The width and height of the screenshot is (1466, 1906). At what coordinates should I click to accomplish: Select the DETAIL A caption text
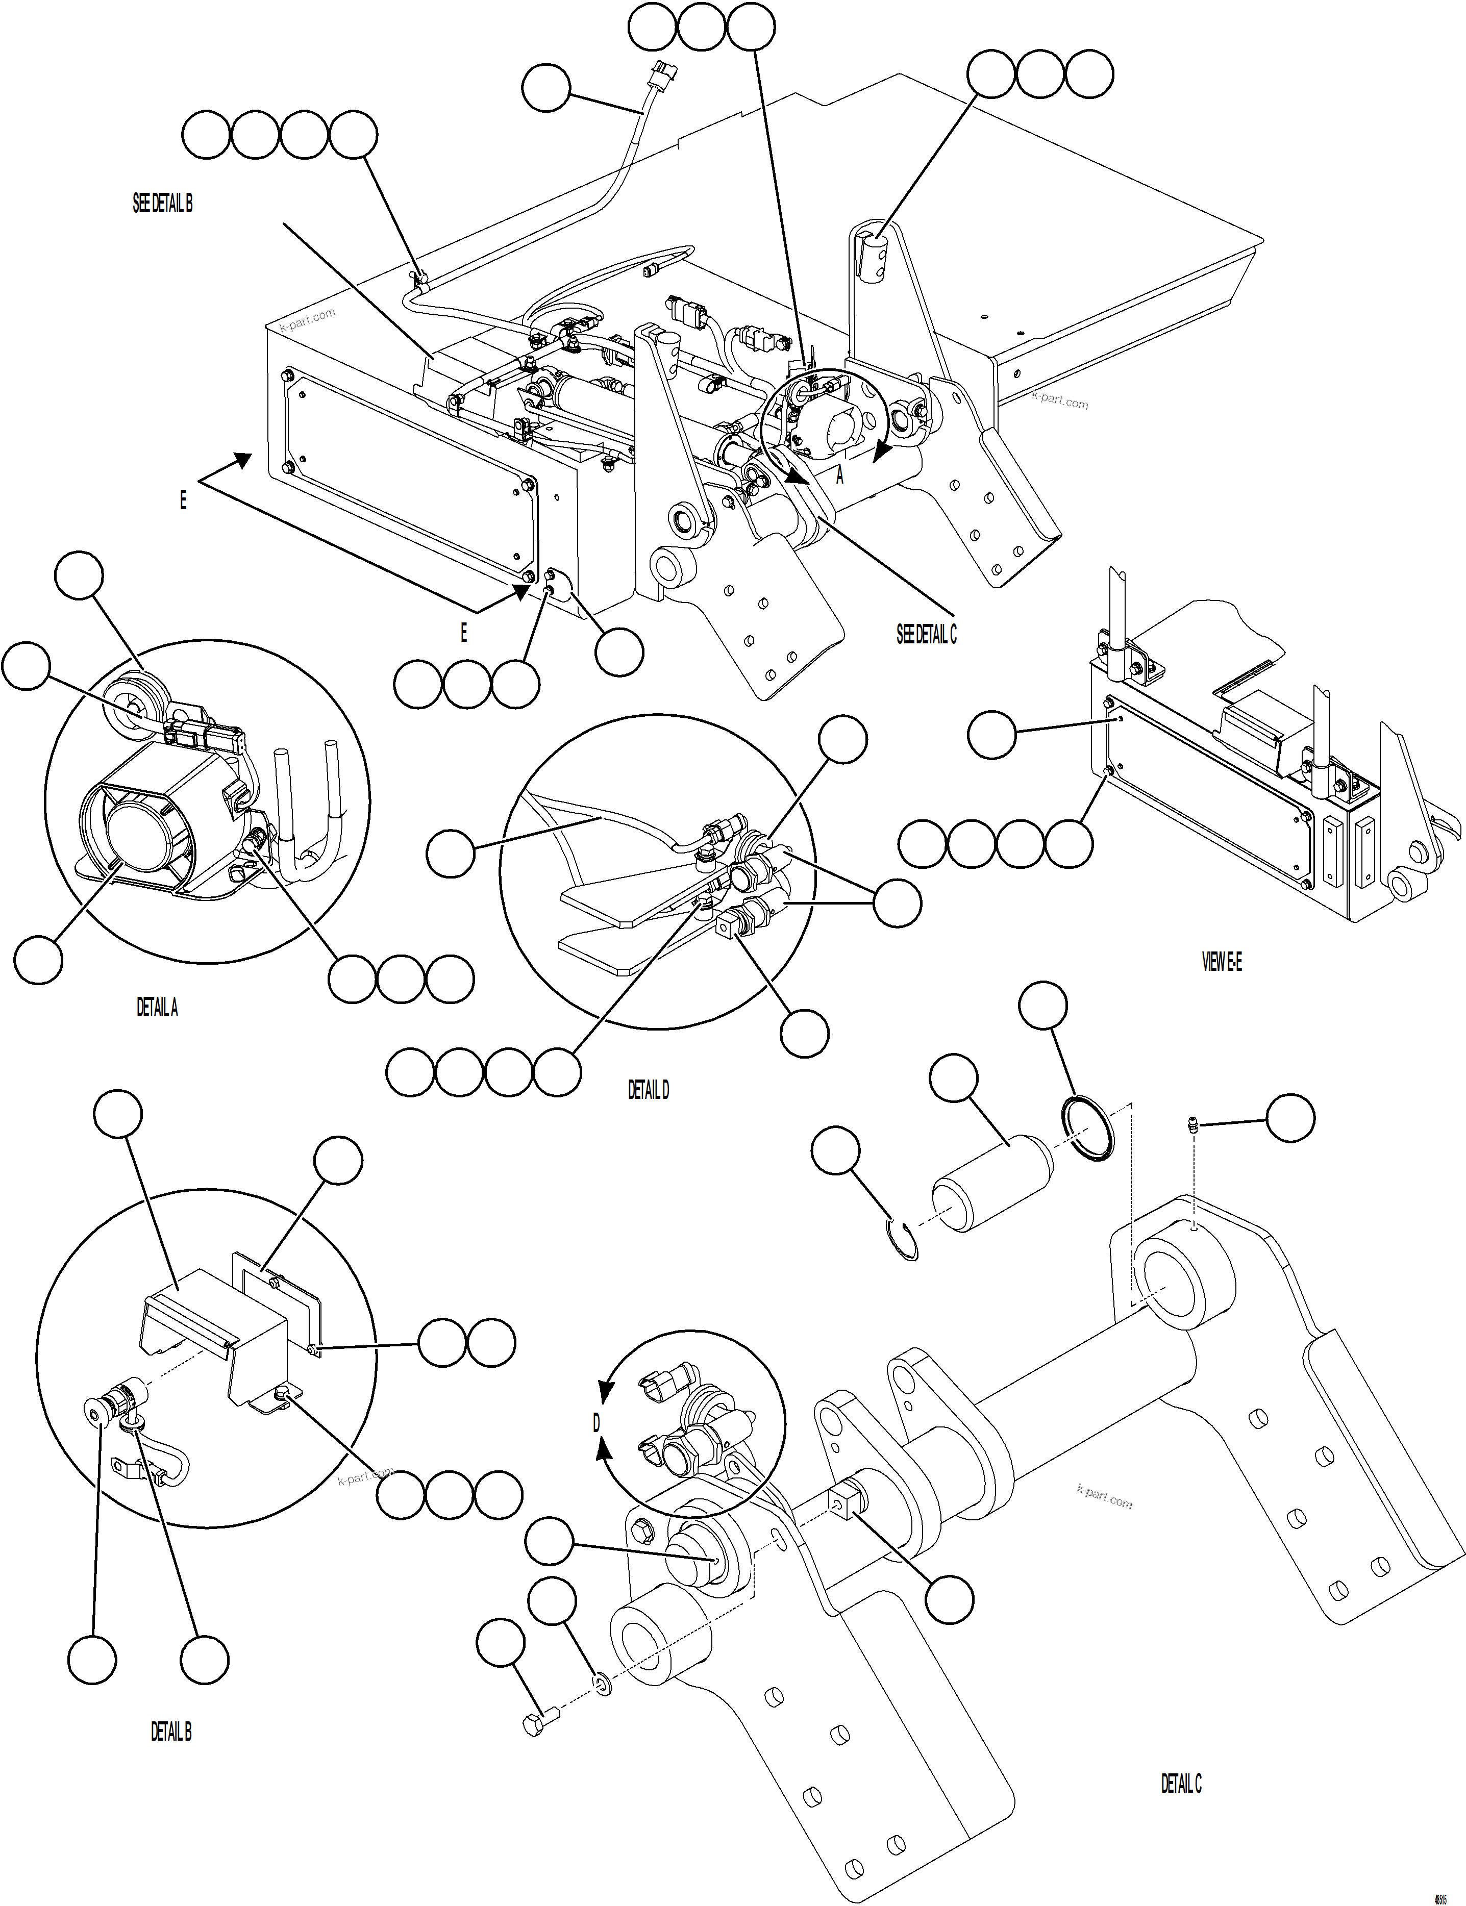tap(157, 1008)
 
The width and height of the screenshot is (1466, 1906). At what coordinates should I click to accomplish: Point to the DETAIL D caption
tap(649, 1090)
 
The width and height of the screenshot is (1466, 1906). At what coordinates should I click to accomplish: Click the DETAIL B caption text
tap(171, 1732)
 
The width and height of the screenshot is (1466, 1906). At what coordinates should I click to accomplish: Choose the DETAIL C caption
tap(1181, 1784)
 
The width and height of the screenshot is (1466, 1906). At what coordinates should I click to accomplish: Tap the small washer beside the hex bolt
tap(601, 1683)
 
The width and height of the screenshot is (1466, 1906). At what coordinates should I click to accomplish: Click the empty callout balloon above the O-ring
tap(1043, 1005)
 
